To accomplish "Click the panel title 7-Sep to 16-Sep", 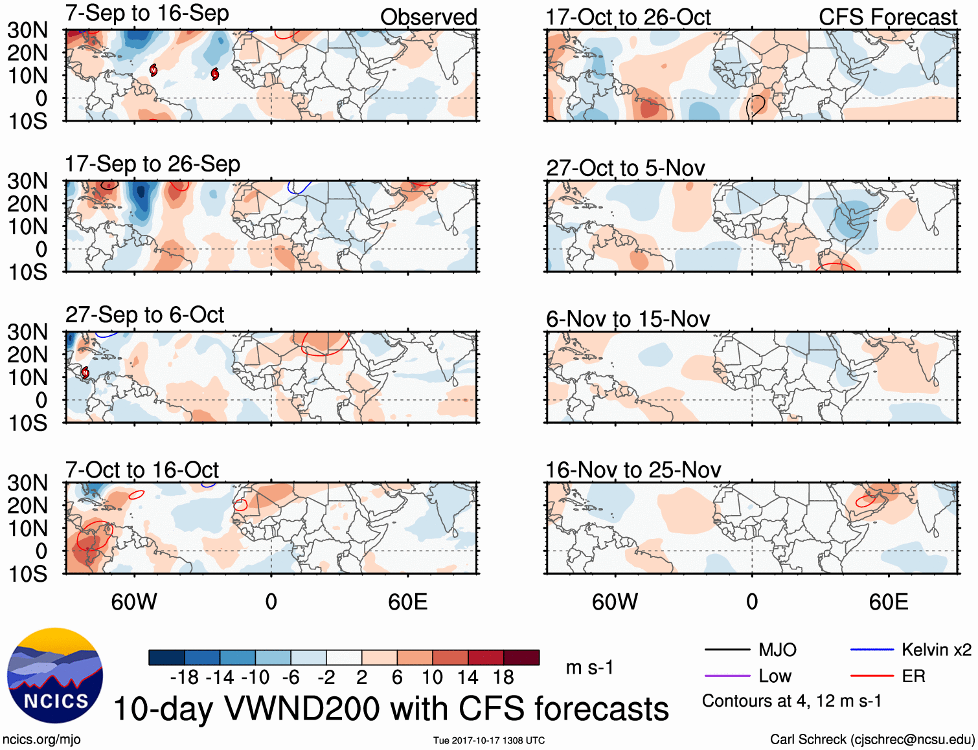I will (147, 14).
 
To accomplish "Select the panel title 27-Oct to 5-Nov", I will (625, 168).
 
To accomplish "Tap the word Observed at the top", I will (428, 17).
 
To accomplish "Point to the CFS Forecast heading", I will (887, 17).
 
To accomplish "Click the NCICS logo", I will (55, 676).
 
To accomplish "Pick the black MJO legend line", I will (727, 650).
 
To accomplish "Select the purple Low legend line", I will (727, 676).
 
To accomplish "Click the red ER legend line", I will (872, 676).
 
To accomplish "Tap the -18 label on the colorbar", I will (184, 678).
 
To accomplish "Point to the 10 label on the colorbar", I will (432, 678).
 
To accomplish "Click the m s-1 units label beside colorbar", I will (589, 667).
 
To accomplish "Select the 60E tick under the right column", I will (888, 602).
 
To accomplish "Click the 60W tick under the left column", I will (134, 602).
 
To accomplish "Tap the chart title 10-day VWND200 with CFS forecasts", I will (391, 709).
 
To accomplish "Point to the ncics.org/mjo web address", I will (41, 739).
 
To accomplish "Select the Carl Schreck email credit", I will (872, 739).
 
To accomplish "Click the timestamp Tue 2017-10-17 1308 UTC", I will (489, 740).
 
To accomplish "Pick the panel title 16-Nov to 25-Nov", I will (633, 470).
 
